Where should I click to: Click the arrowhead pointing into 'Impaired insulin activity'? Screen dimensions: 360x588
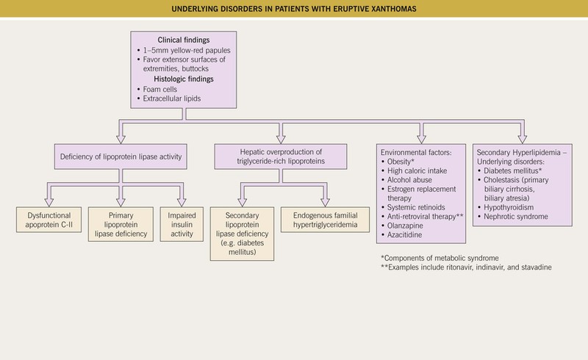(x=182, y=203)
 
